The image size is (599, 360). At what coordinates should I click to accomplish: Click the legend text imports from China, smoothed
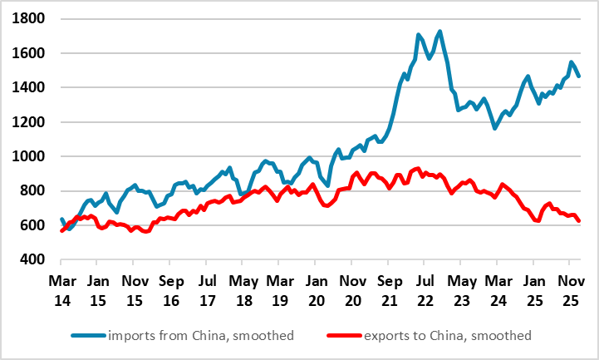click(199, 335)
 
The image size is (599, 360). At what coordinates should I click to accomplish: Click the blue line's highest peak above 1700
click(439, 32)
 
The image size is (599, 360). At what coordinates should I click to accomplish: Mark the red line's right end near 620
click(578, 221)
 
